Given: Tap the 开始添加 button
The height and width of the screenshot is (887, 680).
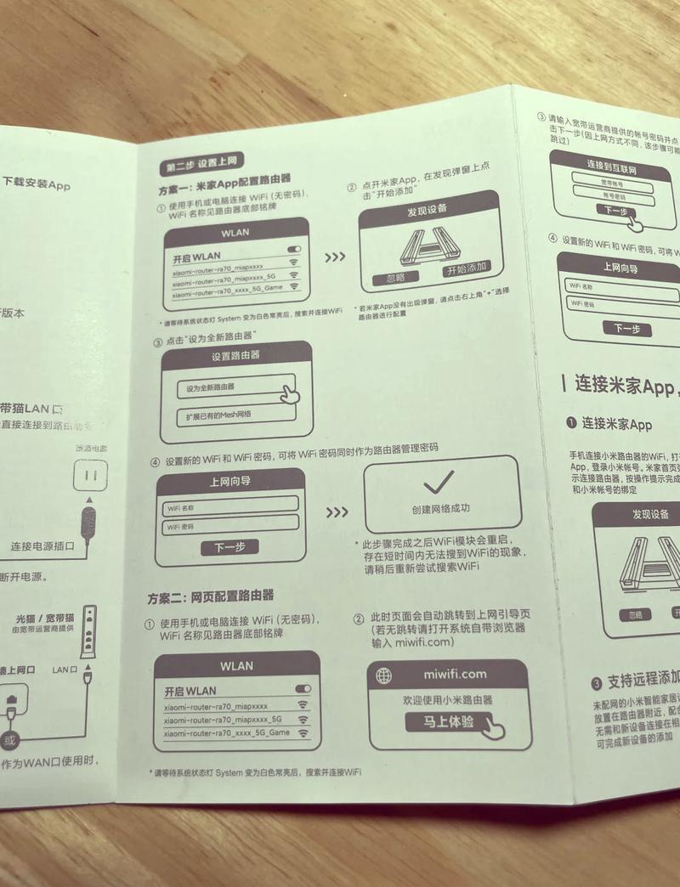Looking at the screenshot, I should coord(467,268).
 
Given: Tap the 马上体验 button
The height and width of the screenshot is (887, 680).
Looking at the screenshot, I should coord(452,723).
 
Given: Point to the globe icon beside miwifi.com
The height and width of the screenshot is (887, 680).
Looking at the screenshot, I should coord(385,675).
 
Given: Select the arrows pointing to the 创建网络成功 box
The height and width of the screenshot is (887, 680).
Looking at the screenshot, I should coord(337,512).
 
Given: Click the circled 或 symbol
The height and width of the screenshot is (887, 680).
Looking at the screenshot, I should coord(9,740).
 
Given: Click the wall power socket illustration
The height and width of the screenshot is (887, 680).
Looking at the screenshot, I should coord(90,474).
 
